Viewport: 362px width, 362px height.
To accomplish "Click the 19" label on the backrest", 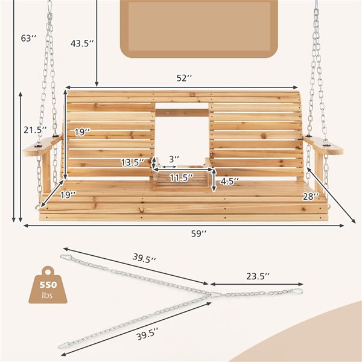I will (83, 132).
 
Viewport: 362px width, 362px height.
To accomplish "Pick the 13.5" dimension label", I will (134, 162).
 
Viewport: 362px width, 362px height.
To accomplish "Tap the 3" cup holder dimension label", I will (173, 159).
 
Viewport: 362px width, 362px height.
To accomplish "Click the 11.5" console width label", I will (181, 178).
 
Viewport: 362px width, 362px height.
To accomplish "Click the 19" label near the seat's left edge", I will (68, 195).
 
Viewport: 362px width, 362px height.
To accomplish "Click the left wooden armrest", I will (41, 147).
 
